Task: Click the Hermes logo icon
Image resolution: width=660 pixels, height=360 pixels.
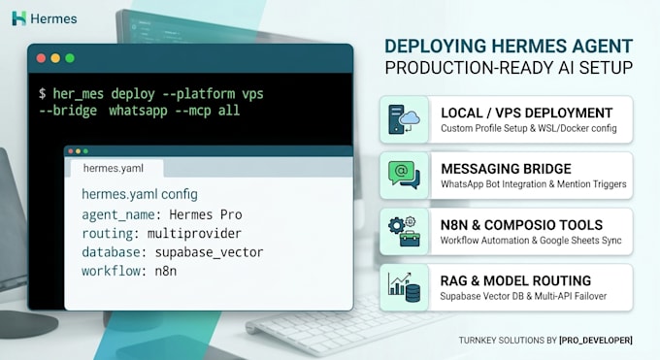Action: [19, 18]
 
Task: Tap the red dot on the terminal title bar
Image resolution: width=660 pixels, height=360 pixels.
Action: [41, 58]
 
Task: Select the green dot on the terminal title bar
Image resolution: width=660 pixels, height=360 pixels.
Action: [70, 58]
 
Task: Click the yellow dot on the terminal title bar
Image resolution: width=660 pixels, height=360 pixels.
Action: [55, 58]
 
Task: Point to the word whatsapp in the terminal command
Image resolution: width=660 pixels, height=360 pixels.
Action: [138, 112]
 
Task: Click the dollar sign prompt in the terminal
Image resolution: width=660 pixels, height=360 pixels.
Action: [42, 93]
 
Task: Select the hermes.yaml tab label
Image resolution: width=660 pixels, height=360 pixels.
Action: [114, 169]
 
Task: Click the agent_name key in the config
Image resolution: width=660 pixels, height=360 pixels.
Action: [118, 215]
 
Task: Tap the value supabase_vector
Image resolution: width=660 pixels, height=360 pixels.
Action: [209, 252]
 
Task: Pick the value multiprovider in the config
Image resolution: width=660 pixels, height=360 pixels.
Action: [194, 234]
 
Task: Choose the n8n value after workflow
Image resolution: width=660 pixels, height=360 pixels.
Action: [166, 271]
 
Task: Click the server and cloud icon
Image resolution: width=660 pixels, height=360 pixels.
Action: [404, 119]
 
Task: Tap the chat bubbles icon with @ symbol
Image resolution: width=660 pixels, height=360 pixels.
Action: [404, 175]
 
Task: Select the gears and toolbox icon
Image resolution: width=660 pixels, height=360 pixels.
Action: [404, 231]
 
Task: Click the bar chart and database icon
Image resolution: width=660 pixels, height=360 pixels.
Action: [404, 287]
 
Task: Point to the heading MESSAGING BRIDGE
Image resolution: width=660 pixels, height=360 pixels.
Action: [506, 169]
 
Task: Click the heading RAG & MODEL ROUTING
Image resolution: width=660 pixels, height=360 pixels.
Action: [515, 280]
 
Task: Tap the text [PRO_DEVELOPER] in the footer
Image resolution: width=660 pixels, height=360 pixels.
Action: [596, 341]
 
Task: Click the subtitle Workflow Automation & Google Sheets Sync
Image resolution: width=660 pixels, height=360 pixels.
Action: [531, 241]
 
